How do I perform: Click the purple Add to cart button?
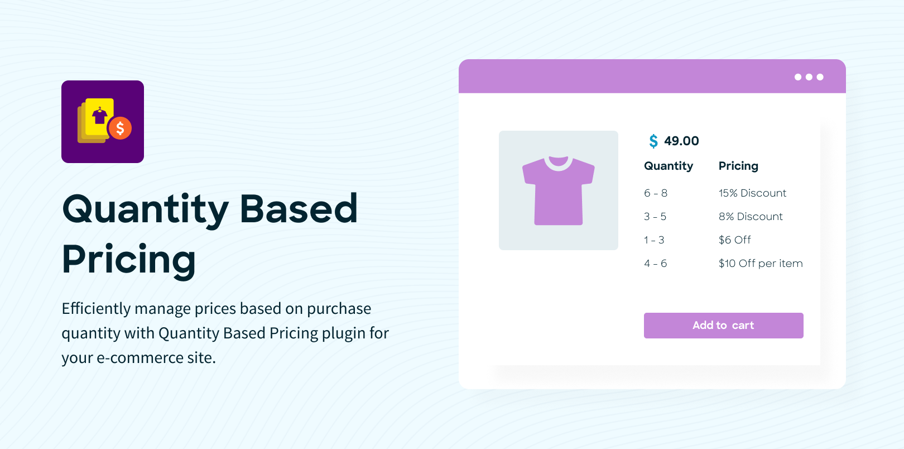pyautogui.click(x=723, y=325)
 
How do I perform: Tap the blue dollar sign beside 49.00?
pyautogui.click(x=653, y=141)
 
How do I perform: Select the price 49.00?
pyautogui.click(x=681, y=141)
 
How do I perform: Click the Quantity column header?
pyautogui.click(x=669, y=166)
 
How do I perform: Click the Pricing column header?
pyautogui.click(x=738, y=166)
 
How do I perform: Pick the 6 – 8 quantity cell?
pyautogui.click(x=655, y=193)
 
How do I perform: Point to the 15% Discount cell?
pyautogui.click(x=752, y=193)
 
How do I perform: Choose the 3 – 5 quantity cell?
pyautogui.click(x=655, y=217)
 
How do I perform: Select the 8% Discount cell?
pyautogui.click(x=750, y=217)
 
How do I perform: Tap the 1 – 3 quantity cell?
pyautogui.click(x=654, y=240)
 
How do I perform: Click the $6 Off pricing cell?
pyautogui.click(x=734, y=240)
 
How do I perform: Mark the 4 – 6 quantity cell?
pyautogui.click(x=655, y=263)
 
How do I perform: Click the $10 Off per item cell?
pyautogui.click(x=761, y=263)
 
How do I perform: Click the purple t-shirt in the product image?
pyautogui.click(x=558, y=190)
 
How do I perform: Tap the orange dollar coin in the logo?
pyautogui.click(x=121, y=128)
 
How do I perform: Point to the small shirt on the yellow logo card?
pyautogui.click(x=99, y=116)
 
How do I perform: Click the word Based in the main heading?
pyautogui.click(x=298, y=208)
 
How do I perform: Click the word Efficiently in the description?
pyautogui.click(x=96, y=308)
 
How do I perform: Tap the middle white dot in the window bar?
pyautogui.click(x=809, y=77)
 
